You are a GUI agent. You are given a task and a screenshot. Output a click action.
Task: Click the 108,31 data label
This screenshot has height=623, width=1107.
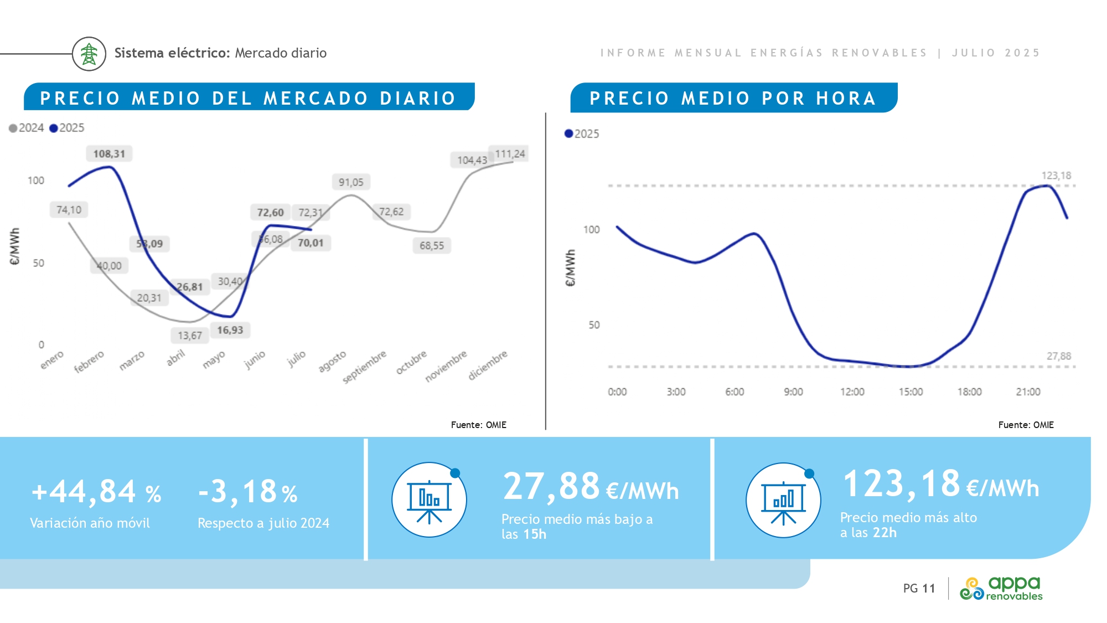[109, 154]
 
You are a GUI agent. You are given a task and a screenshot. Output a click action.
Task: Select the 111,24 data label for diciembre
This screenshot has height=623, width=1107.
[510, 154]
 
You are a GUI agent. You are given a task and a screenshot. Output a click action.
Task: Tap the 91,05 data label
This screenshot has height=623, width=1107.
[351, 182]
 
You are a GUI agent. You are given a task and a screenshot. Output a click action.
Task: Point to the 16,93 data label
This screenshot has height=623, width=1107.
[230, 330]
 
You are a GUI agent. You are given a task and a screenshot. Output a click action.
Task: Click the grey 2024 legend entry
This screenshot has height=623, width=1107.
[27, 128]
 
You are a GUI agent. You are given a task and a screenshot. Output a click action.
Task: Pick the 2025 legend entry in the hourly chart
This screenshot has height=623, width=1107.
[582, 134]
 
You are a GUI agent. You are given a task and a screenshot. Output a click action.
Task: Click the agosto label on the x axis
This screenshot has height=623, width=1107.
[332, 361]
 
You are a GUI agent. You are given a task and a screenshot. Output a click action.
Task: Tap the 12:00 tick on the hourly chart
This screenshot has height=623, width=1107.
[852, 392]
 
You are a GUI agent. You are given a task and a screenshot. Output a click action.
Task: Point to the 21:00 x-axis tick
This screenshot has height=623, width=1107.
[1028, 392]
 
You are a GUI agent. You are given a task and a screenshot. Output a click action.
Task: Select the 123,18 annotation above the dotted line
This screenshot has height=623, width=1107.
[1056, 176]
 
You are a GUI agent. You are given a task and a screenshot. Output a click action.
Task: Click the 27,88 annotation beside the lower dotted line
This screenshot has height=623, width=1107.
[1058, 356]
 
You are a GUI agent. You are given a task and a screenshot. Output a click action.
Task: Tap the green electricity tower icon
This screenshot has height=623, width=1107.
[89, 54]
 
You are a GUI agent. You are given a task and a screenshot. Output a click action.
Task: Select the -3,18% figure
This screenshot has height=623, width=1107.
[248, 492]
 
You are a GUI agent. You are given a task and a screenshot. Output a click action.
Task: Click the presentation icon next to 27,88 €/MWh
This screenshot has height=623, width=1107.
[429, 500]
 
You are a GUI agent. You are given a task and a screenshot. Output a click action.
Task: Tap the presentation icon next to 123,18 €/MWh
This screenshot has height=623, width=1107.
[783, 500]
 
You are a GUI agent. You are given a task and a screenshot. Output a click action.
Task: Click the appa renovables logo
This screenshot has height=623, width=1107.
[1001, 588]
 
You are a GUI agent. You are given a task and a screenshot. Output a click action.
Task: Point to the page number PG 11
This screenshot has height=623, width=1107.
[919, 588]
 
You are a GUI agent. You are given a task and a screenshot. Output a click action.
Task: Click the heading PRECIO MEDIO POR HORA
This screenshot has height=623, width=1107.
[733, 99]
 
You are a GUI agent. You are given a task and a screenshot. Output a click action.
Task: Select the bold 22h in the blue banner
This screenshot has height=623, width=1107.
[884, 533]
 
